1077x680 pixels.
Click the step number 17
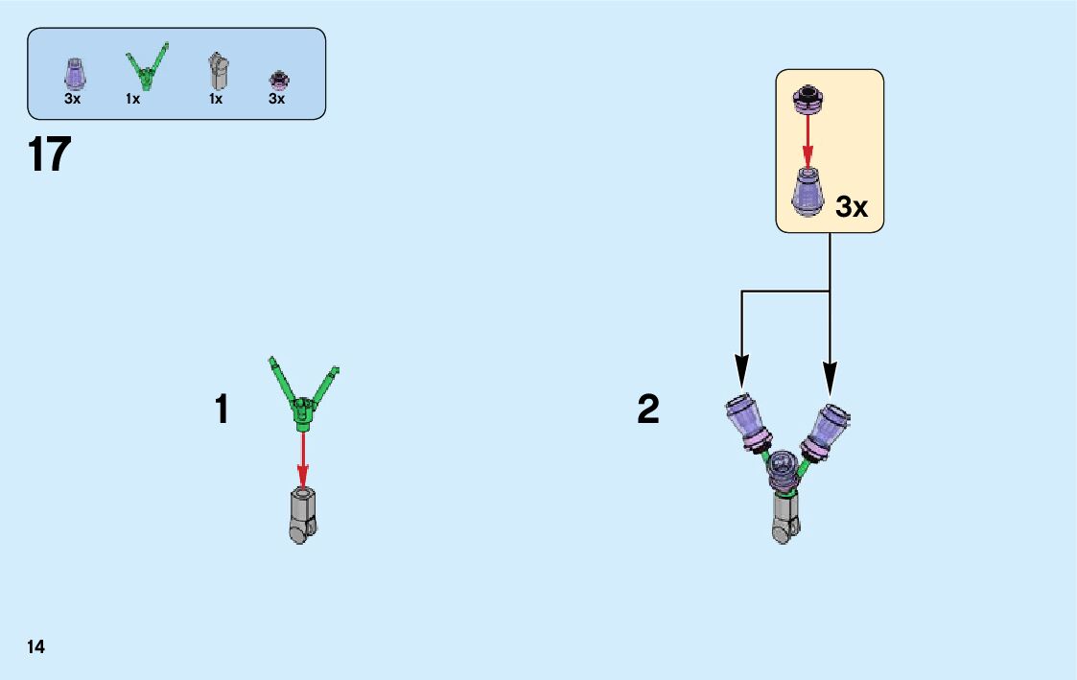pyautogui.click(x=51, y=154)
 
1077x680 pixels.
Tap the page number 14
pyautogui.click(x=36, y=646)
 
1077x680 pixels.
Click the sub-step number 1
pyautogui.click(x=222, y=410)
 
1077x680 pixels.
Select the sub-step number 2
pyautogui.click(x=648, y=410)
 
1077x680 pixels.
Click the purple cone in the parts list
pyautogui.click(x=74, y=73)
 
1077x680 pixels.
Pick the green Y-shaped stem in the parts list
pyautogui.click(x=147, y=67)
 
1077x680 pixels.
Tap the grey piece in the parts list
pyautogui.click(x=219, y=70)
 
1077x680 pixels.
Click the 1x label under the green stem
pyautogui.click(x=132, y=99)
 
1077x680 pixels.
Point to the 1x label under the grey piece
pyautogui.click(x=216, y=99)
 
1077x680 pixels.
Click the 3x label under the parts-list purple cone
pyautogui.click(x=73, y=99)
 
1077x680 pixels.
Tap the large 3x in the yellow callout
pyautogui.click(x=852, y=206)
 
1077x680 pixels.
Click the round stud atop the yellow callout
pyautogui.click(x=808, y=96)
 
